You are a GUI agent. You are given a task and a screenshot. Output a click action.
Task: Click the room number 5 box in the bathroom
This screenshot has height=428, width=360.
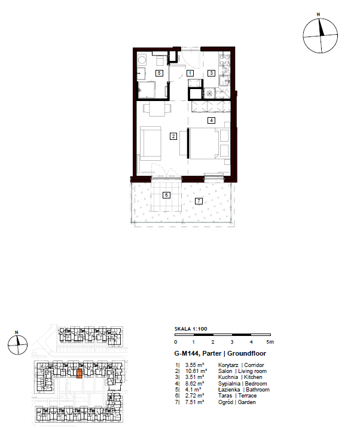(x=159, y=73)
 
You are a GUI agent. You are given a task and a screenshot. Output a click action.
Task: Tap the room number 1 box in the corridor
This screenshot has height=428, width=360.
(x=190, y=73)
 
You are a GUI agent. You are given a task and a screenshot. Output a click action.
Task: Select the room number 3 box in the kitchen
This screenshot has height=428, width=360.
(x=211, y=73)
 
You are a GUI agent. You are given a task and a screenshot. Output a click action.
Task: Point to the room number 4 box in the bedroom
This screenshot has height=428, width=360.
(x=211, y=120)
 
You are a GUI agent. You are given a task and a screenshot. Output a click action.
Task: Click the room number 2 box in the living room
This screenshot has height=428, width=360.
(x=173, y=136)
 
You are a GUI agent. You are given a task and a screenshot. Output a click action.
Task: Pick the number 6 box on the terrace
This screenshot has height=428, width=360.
(x=166, y=195)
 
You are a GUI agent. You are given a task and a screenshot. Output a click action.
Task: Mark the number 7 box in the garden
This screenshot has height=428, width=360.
(x=199, y=201)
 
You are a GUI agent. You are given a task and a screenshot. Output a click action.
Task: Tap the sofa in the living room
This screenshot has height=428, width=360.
(x=150, y=143)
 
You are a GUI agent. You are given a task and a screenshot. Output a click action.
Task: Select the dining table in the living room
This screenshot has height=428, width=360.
(x=157, y=109)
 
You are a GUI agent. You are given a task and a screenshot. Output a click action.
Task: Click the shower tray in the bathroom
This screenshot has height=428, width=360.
(x=147, y=90)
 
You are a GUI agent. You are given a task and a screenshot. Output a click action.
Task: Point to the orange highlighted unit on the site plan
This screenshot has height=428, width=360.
(x=79, y=373)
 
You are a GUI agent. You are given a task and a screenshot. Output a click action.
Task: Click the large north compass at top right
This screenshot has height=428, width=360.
(x=320, y=35)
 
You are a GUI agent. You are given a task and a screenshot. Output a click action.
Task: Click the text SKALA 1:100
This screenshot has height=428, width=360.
(x=191, y=329)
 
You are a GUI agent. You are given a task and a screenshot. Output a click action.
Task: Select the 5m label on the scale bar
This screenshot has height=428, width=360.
(x=270, y=342)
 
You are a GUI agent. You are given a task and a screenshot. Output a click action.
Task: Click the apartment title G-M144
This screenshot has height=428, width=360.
(x=187, y=353)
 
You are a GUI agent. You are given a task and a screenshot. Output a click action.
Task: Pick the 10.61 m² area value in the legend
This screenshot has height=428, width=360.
(x=196, y=371)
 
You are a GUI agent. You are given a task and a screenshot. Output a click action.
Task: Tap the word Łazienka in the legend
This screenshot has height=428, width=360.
(x=229, y=390)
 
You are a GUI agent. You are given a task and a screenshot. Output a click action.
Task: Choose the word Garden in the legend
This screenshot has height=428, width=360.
(x=246, y=402)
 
